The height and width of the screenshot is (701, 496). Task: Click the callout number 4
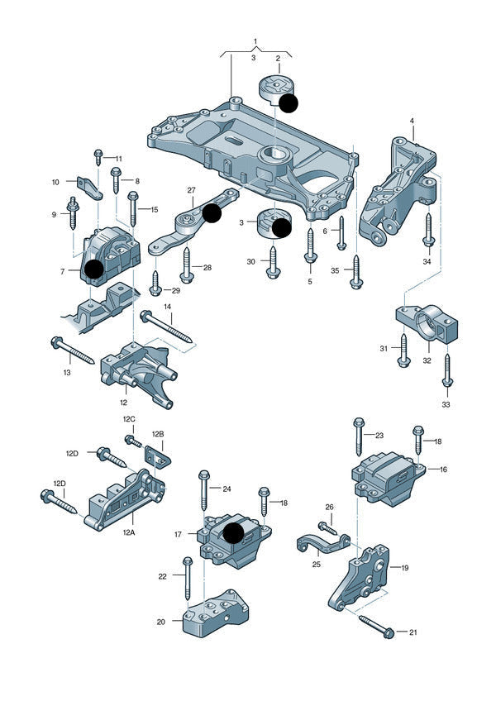412,122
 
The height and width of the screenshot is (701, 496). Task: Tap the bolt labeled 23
359,436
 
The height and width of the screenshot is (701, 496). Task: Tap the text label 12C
129,419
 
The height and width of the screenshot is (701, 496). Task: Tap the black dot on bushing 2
288,103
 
